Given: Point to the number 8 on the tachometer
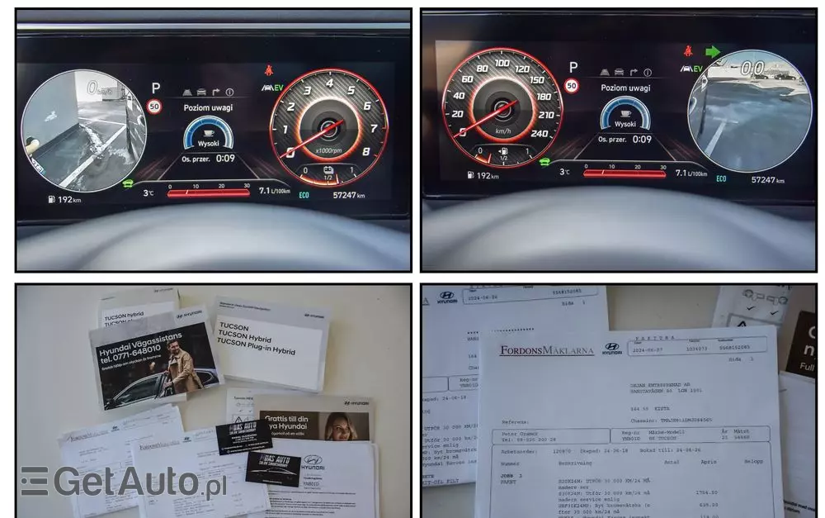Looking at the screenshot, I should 365,151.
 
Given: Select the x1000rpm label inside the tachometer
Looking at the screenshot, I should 329,150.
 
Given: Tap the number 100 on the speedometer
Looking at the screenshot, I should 500,62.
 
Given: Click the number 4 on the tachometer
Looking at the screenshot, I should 330,83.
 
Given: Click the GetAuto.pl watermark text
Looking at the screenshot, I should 124,482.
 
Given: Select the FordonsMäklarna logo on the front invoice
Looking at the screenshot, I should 546,350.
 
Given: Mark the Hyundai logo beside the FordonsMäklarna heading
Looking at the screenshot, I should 611,349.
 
